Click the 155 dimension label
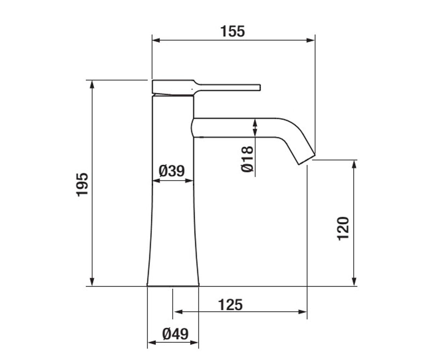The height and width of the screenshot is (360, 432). click(x=233, y=31)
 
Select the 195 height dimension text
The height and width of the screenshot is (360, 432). click(x=82, y=185)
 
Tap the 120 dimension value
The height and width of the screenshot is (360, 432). click(x=343, y=229)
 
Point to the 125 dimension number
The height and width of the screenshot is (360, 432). click(x=230, y=305)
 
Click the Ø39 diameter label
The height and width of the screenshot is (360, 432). click(x=171, y=171)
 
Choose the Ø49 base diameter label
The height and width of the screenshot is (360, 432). click(x=175, y=334)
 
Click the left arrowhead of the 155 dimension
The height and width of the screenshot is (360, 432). click(x=156, y=40)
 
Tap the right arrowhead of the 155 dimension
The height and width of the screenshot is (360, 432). click(x=311, y=40)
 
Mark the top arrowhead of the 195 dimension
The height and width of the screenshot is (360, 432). click(x=92, y=85)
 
